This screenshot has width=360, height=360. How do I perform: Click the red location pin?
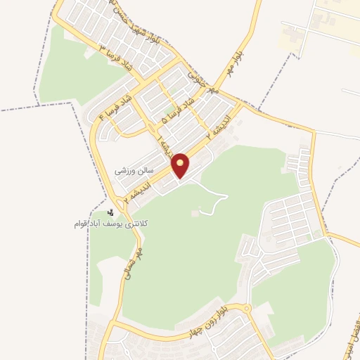(181, 166)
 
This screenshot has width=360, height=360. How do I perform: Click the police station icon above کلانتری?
(110, 212)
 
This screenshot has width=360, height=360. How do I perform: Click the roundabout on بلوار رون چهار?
(244, 309)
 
